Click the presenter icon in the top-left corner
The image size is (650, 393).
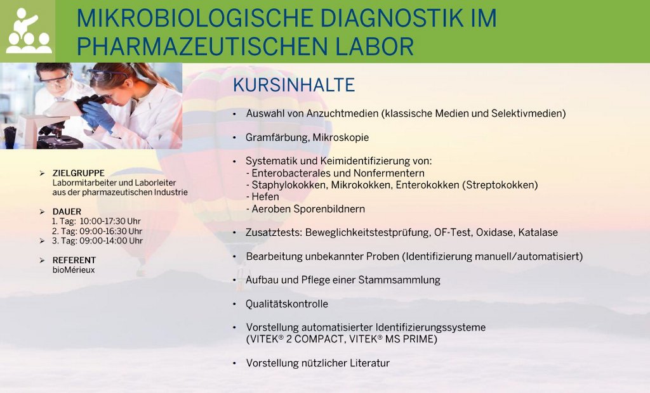pyautogui.click(x=29, y=30)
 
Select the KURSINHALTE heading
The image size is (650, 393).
pyautogui.click(x=294, y=86)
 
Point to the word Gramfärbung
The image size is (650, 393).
pyautogui.click(x=277, y=138)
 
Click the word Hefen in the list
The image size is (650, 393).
pyautogui.click(x=265, y=196)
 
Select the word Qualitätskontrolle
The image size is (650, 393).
pyautogui.click(x=287, y=304)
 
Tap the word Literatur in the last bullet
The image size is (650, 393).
pyautogui.click(x=370, y=363)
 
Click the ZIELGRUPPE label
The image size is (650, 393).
pyautogui.click(x=78, y=173)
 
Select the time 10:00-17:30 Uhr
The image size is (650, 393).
pyautogui.click(x=110, y=222)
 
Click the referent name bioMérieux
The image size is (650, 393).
pyautogui.click(x=74, y=270)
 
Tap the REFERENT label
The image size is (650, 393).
pyautogui.click(x=74, y=260)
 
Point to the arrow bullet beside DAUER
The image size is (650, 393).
pyautogui.click(x=42, y=212)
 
